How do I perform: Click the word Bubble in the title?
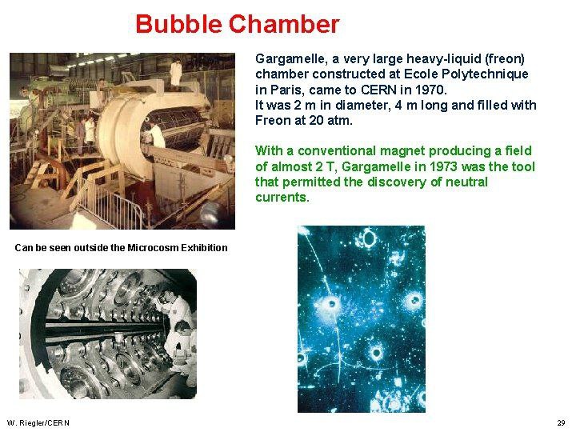(x=178, y=24)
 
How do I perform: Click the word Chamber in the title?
(x=284, y=24)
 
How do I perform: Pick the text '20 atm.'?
(x=330, y=121)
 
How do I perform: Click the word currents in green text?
(x=282, y=198)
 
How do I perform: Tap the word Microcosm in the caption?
(x=152, y=247)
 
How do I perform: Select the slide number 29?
(x=561, y=423)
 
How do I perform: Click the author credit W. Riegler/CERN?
(x=38, y=423)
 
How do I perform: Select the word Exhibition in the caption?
(x=204, y=247)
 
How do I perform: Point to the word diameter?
(x=362, y=106)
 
